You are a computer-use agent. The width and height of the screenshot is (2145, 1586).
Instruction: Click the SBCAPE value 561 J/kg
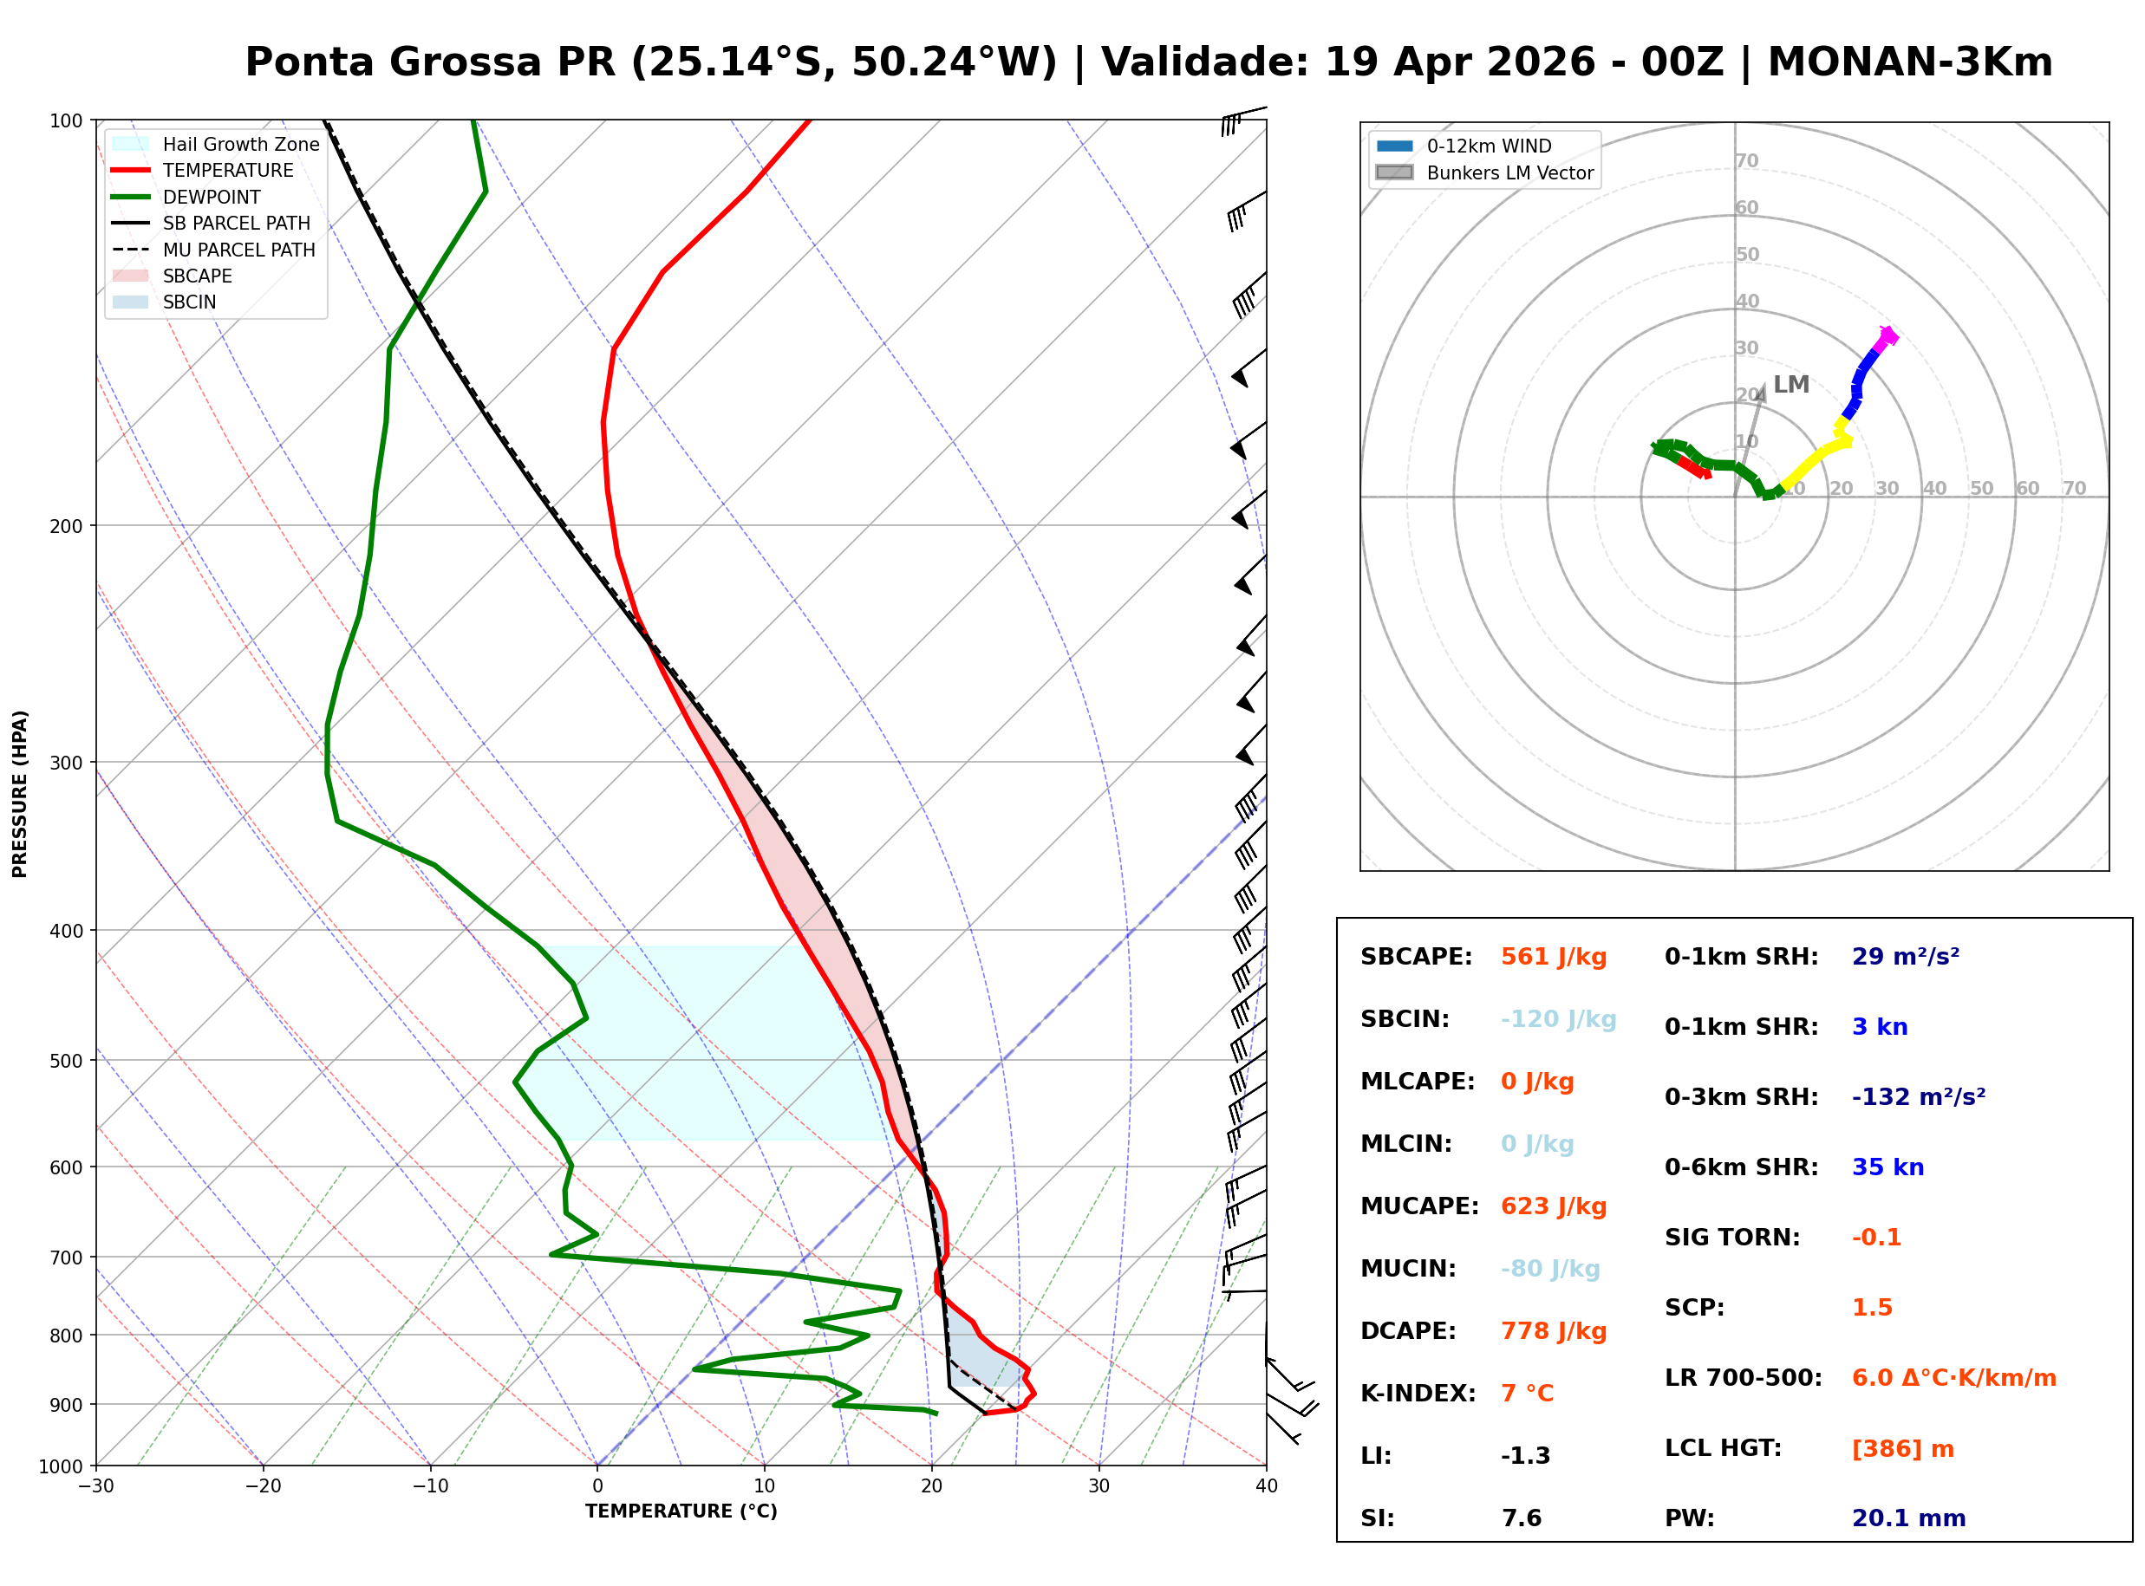1553,957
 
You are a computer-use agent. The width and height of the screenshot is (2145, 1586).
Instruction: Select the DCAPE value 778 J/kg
1553,1331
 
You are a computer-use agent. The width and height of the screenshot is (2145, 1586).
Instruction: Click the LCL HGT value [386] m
1902,1449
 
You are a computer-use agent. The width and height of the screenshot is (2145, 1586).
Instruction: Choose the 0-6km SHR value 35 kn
1887,1167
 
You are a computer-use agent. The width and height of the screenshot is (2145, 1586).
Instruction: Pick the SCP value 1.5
1871,1308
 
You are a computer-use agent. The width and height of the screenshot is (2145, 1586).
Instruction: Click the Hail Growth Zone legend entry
240,144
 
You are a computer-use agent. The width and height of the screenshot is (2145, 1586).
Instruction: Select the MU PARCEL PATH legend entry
238,250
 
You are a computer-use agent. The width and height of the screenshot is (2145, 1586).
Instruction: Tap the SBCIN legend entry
189,302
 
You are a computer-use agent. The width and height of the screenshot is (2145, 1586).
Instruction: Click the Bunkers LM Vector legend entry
1509,172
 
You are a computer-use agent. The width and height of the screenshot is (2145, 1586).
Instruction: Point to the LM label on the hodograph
1790,385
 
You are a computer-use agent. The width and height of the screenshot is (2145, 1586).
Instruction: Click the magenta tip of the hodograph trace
1887,336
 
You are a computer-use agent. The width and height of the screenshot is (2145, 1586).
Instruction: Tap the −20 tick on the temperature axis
262,1486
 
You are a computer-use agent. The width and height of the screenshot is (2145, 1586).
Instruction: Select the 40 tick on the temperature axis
1266,1486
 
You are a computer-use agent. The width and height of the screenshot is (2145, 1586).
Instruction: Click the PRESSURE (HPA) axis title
20,794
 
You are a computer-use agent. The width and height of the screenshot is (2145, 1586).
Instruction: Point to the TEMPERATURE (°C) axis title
681,1512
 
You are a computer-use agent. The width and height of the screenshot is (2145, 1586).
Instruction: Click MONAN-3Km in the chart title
1910,62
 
